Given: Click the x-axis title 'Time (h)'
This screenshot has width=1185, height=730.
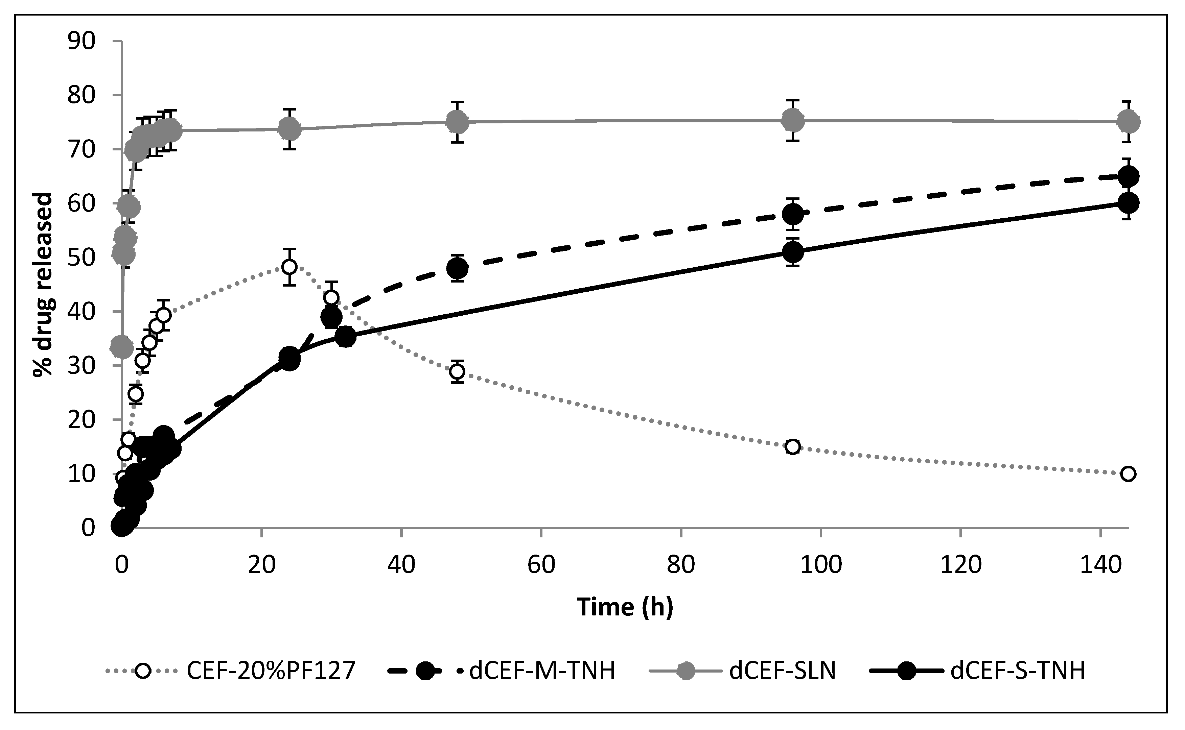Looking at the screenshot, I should click(625, 607).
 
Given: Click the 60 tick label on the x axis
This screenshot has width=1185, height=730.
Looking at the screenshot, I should click(541, 564).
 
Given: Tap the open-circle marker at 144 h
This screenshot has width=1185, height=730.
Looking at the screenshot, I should click(1128, 473).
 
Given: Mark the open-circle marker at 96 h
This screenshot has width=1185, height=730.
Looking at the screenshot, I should click(793, 446).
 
